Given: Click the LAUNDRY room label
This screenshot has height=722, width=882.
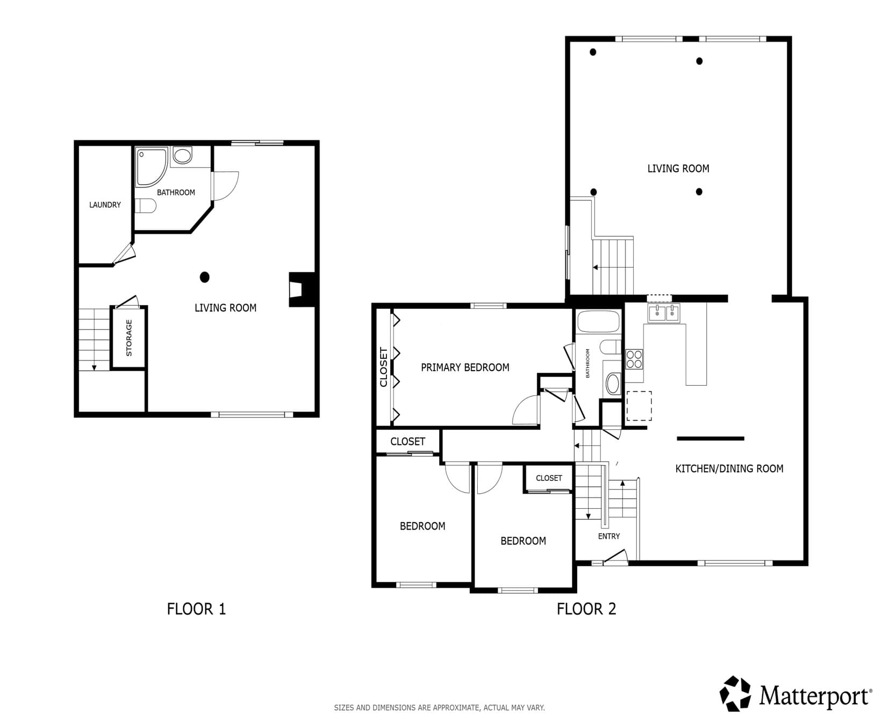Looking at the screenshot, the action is [105, 205].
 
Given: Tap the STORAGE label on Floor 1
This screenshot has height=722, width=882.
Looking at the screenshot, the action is [129, 338].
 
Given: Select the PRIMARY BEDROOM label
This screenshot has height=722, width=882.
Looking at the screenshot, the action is [465, 367].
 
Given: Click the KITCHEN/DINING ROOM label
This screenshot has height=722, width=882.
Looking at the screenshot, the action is [729, 468].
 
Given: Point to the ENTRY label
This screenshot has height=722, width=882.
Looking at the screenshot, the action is [609, 536].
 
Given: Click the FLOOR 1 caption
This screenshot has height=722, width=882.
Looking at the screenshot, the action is [196, 609].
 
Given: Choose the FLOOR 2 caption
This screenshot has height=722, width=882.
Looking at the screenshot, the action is [586, 609].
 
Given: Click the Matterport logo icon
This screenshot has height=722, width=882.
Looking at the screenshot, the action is [735, 694].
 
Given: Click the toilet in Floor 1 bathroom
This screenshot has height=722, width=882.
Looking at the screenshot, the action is [145, 205].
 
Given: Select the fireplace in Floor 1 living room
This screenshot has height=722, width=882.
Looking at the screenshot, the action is [302, 289].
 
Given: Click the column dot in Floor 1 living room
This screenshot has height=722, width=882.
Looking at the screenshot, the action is [205, 277].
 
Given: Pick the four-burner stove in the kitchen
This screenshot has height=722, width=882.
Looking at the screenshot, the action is [634, 359].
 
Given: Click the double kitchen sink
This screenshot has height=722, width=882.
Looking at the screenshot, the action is [664, 313].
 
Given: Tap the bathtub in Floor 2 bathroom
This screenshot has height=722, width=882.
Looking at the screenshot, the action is [598, 321].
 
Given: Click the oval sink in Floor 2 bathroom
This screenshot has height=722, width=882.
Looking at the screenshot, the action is [613, 384].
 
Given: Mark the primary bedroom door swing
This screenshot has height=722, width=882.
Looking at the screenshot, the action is [526, 410].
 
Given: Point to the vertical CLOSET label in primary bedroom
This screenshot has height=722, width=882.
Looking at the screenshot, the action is [384, 367].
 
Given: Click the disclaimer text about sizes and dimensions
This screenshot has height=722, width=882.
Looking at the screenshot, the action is [439, 707].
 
